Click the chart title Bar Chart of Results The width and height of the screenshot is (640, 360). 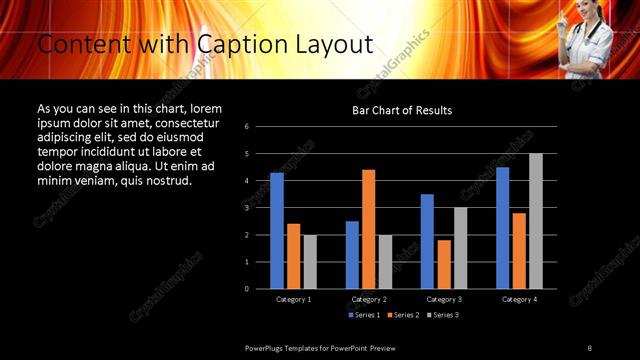(402, 110)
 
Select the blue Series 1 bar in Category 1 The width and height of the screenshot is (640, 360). (277, 231)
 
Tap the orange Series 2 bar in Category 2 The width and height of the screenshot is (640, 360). (368, 229)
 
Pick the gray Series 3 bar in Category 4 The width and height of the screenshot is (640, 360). (535, 221)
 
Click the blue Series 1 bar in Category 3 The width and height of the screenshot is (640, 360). (427, 241)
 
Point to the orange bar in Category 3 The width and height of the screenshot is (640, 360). (444, 264)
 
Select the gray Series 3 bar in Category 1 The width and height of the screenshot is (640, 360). (310, 261)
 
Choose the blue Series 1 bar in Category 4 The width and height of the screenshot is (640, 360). (502, 228)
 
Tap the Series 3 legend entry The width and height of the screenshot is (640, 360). (443, 315)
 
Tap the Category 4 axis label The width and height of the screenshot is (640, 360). (518, 299)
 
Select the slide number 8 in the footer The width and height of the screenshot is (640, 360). (590, 347)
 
